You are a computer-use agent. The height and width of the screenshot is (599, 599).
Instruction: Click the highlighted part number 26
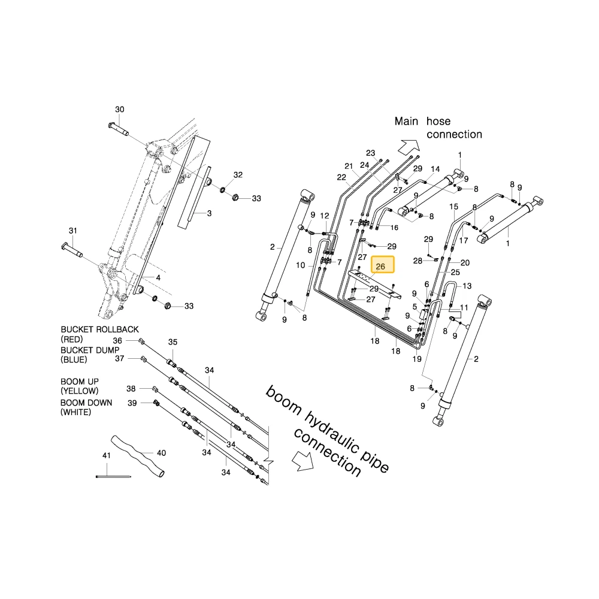380,267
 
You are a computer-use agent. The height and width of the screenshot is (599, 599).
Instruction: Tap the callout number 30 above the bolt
120,109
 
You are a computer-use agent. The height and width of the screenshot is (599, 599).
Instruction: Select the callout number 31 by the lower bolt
73,231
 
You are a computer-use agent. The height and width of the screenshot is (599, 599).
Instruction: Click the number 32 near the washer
238,174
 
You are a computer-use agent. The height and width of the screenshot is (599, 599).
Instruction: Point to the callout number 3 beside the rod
209,213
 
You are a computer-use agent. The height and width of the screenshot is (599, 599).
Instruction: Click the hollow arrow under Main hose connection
409,147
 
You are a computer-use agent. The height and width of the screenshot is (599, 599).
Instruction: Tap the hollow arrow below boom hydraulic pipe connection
302,460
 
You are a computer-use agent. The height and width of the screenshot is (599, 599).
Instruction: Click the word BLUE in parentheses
74,359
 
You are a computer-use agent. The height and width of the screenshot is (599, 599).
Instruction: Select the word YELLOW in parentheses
79,391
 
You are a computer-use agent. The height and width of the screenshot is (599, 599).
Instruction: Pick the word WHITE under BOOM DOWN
75,412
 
